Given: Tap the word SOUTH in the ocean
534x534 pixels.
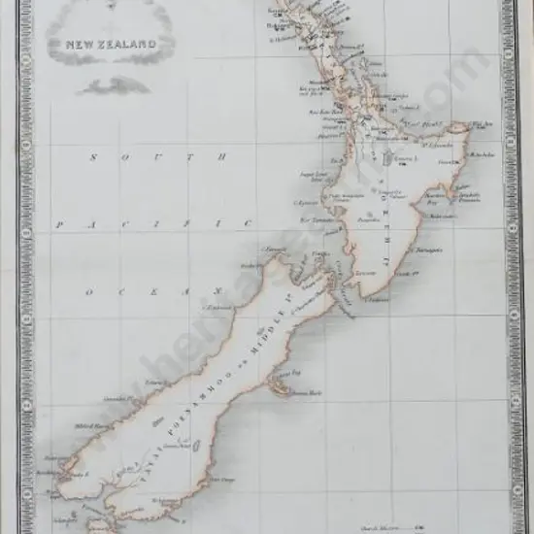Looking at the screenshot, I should pos(155,157).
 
